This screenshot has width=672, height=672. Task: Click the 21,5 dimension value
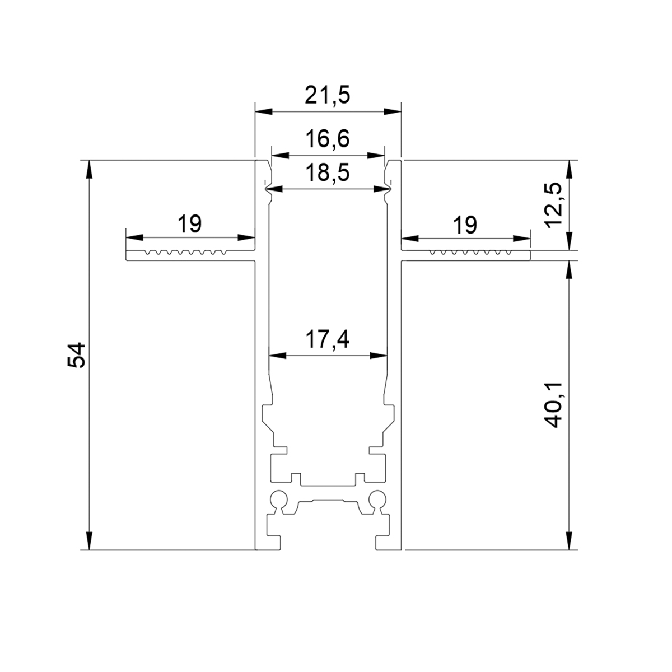click(x=327, y=95)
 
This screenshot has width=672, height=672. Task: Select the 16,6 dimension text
click(x=328, y=138)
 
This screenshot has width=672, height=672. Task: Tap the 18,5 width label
click(x=328, y=173)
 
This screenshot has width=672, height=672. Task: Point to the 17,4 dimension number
click(x=328, y=339)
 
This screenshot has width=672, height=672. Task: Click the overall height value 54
click(x=76, y=355)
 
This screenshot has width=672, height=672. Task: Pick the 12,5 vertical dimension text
click(x=553, y=206)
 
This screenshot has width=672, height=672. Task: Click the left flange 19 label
click(x=190, y=223)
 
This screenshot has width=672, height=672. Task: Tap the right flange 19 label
click(x=465, y=225)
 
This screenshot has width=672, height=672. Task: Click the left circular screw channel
click(x=279, y=500)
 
